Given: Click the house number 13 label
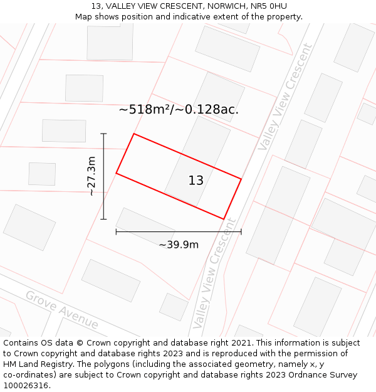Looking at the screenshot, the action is [x=196, y=181].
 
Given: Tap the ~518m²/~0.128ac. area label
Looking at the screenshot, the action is [x=179, y=110].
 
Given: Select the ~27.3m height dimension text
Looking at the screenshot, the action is [x=91, y=176].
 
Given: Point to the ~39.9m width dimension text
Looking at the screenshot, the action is [x=179, y=245].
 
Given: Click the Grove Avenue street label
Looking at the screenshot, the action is [x=62, y=310].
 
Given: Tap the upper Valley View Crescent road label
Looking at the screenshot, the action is [x=285, y=97].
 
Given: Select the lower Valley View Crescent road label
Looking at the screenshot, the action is [x=215, y=273].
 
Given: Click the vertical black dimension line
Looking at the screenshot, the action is [x=103, y=176].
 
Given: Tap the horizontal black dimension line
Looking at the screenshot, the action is [x=179, y=232].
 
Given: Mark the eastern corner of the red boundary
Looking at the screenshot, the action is [x=241, y=179].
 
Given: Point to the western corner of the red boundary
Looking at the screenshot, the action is [x=116, y=173].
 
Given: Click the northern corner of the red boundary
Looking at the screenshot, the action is [x=133, y=134].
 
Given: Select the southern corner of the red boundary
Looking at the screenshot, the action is [x=224, y=219].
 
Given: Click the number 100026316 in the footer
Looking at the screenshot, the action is [x=26, y=386].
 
